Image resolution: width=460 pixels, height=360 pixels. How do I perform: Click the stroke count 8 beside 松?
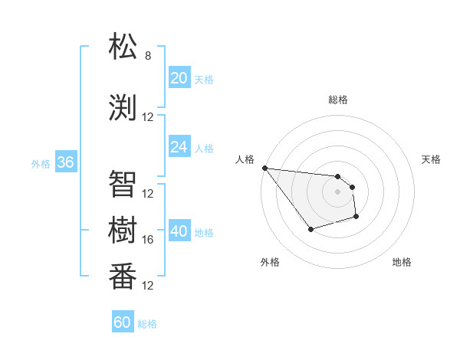[148, 56]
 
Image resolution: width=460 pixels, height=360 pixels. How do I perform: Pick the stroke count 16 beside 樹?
[148, 240]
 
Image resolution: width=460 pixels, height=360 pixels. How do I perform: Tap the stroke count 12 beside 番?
[148, 286]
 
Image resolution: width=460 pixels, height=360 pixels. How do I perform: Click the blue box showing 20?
[179, 78]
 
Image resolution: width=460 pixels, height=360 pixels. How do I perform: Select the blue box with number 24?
[179, 147]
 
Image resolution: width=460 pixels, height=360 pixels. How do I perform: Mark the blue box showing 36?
[65, 162]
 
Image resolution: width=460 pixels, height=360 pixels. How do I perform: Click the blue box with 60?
[122, 322]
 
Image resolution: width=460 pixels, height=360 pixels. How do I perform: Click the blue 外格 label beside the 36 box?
[41, 163]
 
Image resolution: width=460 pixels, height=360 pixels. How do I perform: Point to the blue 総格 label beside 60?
[147, 324]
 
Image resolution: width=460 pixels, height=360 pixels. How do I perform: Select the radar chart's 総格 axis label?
[338, 100]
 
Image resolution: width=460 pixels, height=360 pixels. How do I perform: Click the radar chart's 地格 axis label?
[402, 262]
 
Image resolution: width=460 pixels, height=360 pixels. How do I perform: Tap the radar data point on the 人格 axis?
[264, 168]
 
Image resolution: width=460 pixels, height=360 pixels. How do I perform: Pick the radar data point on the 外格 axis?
[310, 229]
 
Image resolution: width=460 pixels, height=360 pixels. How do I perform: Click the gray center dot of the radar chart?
[338, 191]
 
